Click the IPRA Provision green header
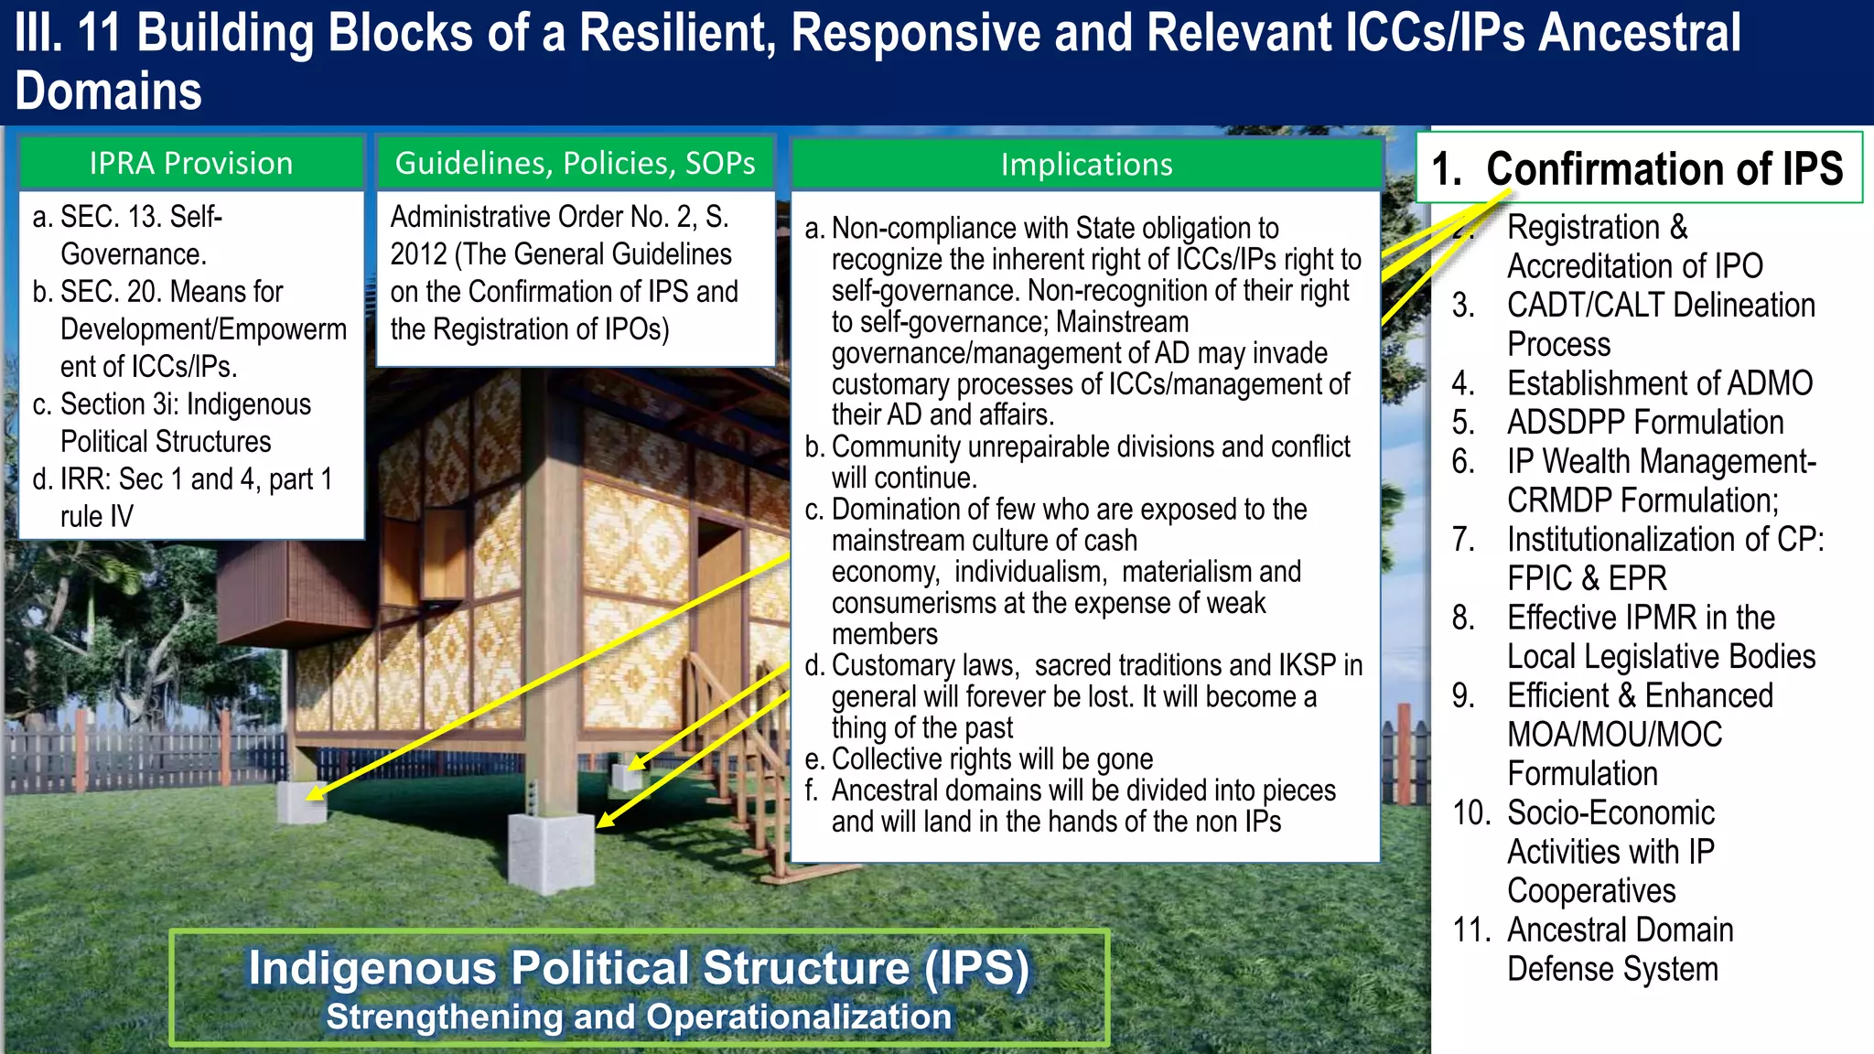(191, 164)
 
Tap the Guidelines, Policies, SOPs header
(575, 163)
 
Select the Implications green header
(1086, 165)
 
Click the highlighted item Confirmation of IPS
(1638, 168)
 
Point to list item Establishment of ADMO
(1659, 383)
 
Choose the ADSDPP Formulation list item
(1645, 423)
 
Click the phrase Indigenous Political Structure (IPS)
(639, 968)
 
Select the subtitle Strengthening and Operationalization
(639, 1017)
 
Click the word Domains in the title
(108, 91)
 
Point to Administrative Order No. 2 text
(559, 218)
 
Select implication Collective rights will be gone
(991, 759)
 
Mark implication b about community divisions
(1089, 462)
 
